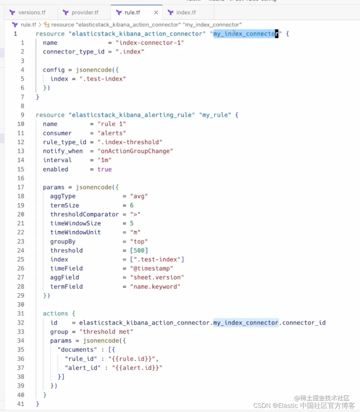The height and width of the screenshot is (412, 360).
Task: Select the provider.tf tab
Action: point(85,13)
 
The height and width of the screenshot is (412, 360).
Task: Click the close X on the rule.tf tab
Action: point(156,13)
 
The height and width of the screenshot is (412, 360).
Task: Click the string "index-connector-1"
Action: point(150,43)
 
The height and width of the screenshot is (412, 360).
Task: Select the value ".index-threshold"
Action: point(130,142)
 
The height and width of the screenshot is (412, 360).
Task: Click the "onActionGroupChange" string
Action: point(135,151)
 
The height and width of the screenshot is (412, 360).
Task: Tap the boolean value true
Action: point(105,169)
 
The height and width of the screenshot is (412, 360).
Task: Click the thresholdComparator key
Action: point(84,214)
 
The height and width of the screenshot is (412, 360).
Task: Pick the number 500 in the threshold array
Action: point(139,250)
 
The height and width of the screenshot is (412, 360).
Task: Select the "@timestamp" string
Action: point(151,268)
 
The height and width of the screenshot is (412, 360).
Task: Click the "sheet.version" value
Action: point(157,277)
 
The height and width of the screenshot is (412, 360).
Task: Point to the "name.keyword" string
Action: point(155,286)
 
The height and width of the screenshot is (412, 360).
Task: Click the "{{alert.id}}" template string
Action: point(137,368)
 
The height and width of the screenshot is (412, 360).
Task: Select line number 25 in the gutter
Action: point(21,259)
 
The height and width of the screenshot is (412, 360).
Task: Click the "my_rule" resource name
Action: point(215,115)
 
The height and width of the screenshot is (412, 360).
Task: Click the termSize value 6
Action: point(131,205)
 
